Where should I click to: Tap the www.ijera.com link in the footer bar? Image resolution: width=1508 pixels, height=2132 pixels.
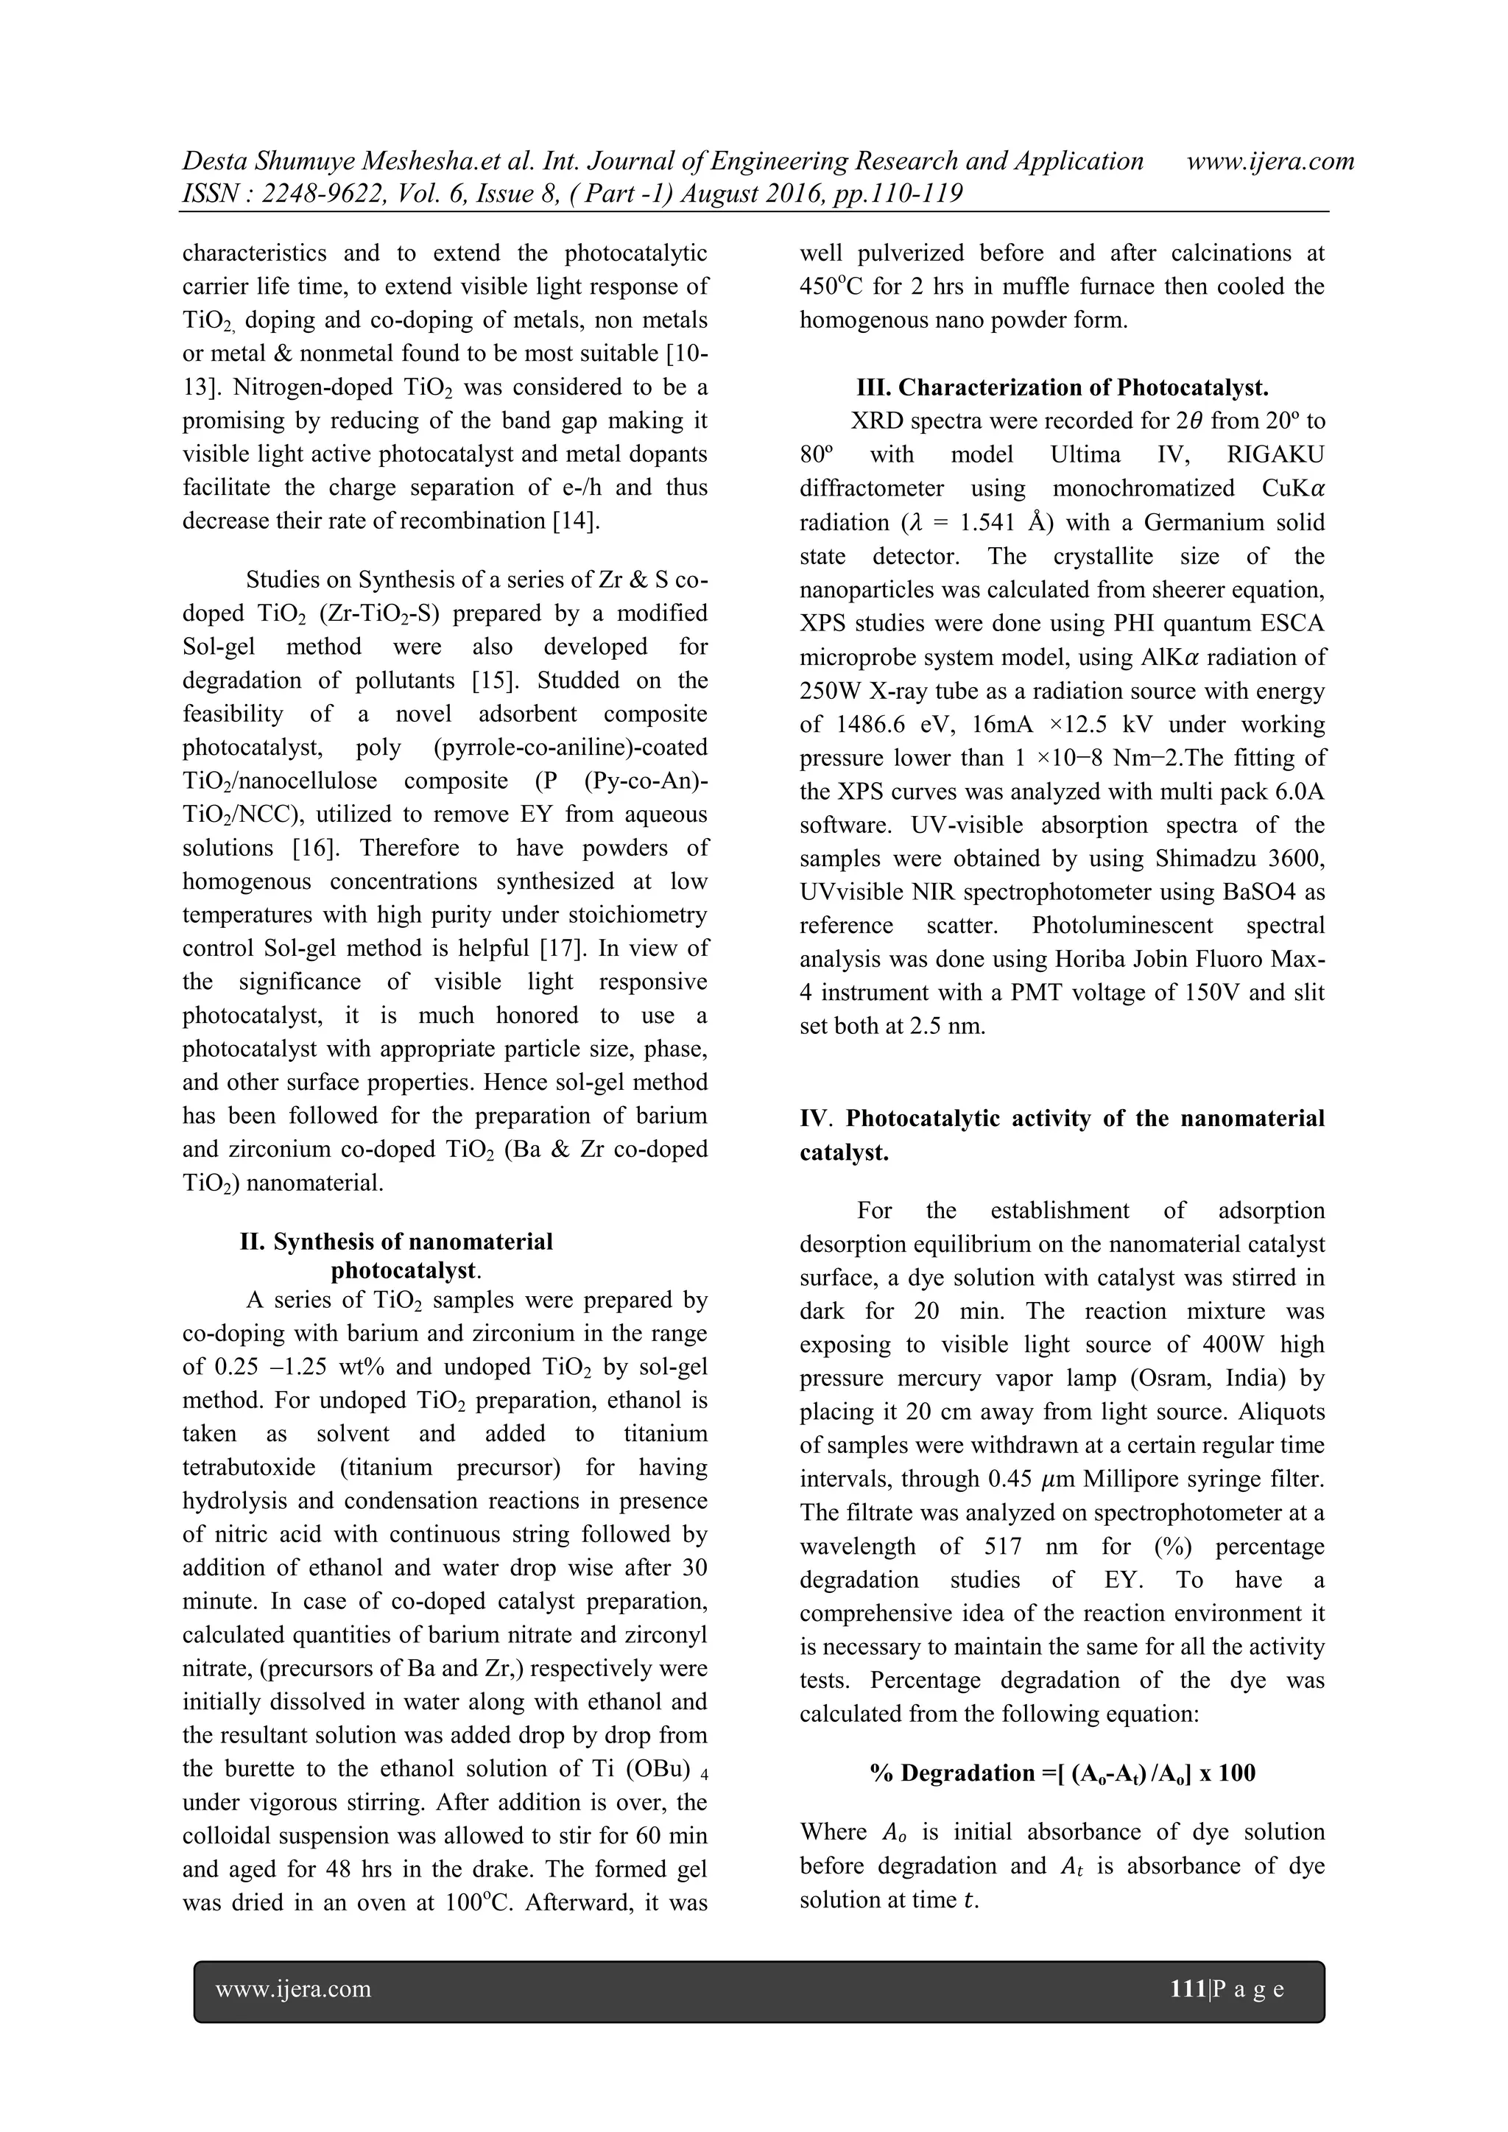294,1989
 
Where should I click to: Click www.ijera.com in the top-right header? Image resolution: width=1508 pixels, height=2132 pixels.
1270,161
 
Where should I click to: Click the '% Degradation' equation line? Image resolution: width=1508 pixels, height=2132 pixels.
1063,1773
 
